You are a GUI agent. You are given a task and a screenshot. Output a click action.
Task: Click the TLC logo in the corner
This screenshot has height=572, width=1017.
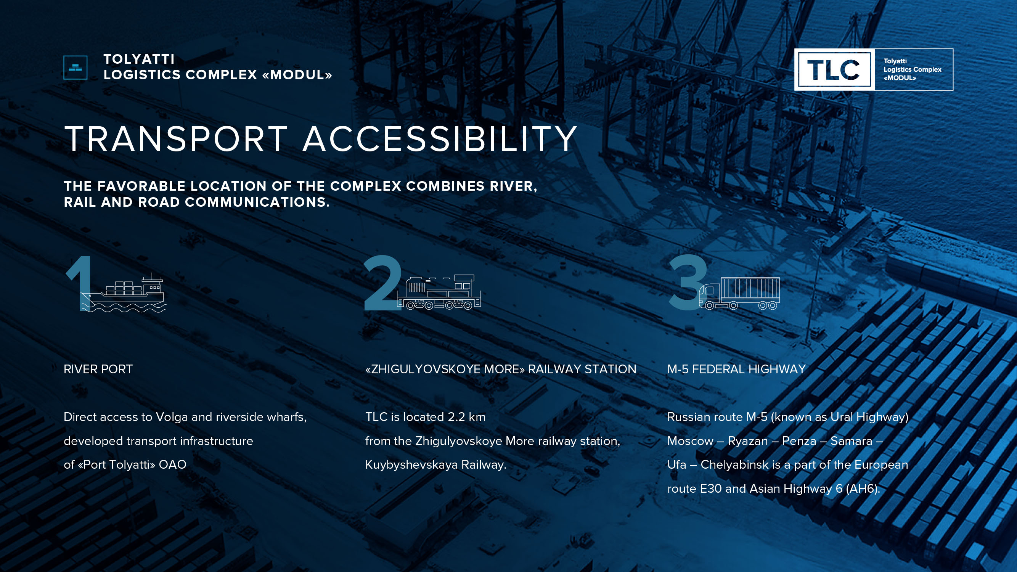[873, 69]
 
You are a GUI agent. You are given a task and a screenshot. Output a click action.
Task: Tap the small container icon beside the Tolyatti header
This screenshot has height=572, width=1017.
[76, 67]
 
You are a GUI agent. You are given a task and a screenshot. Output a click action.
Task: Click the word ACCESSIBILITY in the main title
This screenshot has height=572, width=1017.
[440, 138]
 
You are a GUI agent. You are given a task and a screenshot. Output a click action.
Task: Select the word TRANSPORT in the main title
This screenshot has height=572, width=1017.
[176, 138]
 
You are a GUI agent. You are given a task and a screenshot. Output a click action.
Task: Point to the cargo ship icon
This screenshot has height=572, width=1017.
[124, 292]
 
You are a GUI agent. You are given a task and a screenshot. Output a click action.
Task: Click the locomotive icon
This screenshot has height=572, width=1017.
[439, 292]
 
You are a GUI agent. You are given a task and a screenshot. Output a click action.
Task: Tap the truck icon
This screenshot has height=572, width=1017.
[739, 293]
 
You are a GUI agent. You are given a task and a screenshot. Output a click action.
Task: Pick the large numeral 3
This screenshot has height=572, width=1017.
[688, 282]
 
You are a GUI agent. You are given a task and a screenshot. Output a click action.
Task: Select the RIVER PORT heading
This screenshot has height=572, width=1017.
[98, 370]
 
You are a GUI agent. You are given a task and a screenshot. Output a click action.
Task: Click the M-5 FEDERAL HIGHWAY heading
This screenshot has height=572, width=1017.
[736, 370]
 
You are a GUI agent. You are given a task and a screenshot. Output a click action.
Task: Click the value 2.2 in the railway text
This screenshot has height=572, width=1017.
[456, 417]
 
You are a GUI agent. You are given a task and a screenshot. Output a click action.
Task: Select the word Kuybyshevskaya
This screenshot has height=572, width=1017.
[411, 465]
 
